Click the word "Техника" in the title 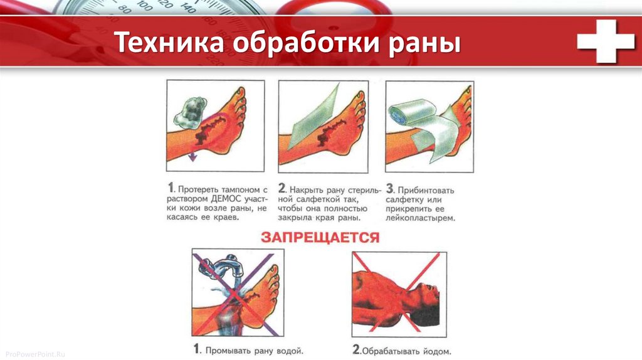(169, 42)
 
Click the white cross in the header (606, 41)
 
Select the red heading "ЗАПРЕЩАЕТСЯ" (320, 238)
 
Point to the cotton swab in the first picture (190, 110)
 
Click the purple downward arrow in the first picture (192, 156)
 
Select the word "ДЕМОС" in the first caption (226, 199)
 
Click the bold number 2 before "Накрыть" (282, 188)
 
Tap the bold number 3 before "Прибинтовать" (390, 188)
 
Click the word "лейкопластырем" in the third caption (420, 218)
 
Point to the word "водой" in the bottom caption (290, 351)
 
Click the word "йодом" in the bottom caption (437, 351)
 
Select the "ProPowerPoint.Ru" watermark (35, 354)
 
